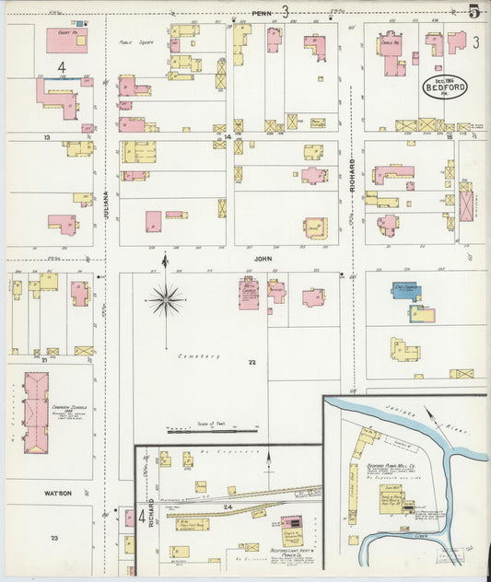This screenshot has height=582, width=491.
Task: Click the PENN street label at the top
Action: [x=262, y=13]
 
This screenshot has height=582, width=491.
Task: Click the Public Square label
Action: [x=134, y=42]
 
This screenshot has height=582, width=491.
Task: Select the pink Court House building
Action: [x=66, y=41]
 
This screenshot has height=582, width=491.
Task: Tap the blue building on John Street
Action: [x=405, y=293]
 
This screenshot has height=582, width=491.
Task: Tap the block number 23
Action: [x=54, y=538]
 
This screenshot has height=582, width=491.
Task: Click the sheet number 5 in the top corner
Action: [x=473, y=12]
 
